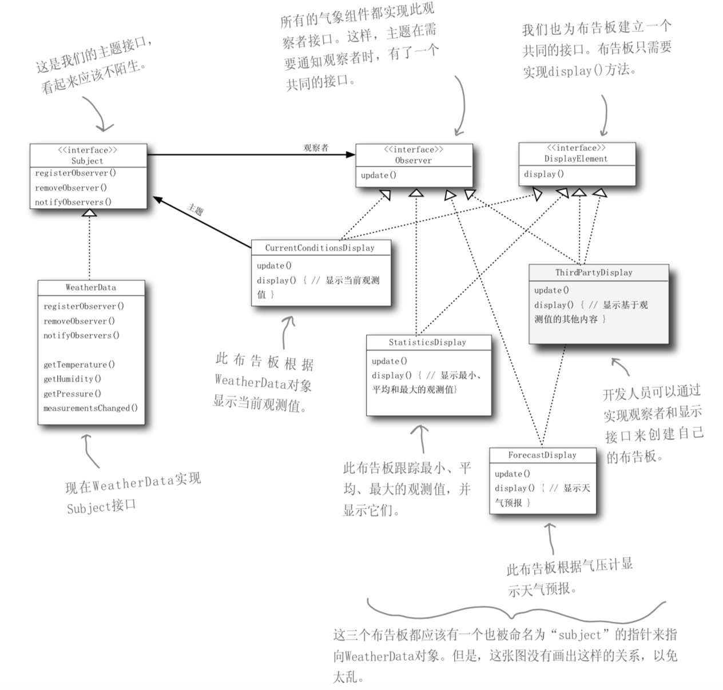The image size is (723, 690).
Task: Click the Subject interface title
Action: pyautogui.click(x=88, y=161)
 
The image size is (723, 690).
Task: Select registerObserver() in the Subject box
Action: pyautogui.click(x=75, y=173)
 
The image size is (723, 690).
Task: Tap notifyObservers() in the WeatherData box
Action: pyautogui.click(x=81, y=335)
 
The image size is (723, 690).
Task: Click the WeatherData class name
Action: pyautogui.click(x=90, y=287)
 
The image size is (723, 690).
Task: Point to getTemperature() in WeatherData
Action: pyautogui.click(x=79, y=364)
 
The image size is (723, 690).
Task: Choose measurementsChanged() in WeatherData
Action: pyautogui.click(x=90, y=408)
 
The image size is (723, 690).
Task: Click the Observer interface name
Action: pyautogui.click(x=413, y=160)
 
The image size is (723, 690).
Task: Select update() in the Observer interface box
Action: pyautogui.click(x=378, y=175)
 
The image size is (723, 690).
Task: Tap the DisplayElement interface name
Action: pyautogui.click(x=575, y=158)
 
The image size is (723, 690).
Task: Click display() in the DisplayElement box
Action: pyautogui.click(x=543, y=174)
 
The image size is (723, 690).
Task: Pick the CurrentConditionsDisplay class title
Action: pyautogui.click(x=320, y=248)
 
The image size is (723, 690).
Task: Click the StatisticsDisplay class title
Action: pyautogui.click(x=427, y=342)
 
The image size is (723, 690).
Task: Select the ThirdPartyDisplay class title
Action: pyautogui.click(x=594, y=272)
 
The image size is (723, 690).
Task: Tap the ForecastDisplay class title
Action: pyautogui.click(x=542, y=455)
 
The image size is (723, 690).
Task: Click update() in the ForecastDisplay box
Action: pyautogui.click(x=512, y=474)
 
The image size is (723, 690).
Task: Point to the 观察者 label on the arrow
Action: pyautogui.click(x=316, y=148)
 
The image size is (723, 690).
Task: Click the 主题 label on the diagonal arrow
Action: pyautogui.click(x=196, y=210)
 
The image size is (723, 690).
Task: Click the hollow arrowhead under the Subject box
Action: pyautogui.click(x=89, y=212)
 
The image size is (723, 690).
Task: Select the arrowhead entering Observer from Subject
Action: pyautogui.click(x=350, y=154)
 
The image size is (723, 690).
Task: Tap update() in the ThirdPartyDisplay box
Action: pyautogui.click(x=551, y=290)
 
